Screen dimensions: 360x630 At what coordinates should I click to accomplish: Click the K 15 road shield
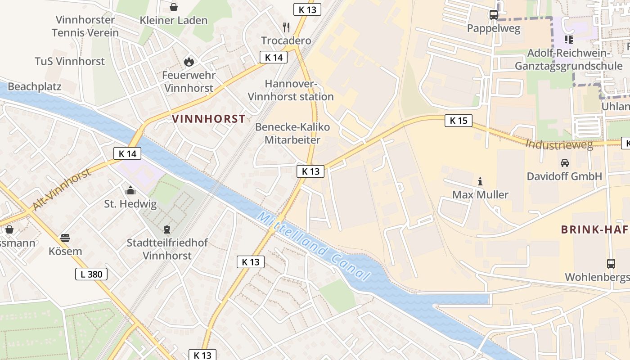pos(459,121)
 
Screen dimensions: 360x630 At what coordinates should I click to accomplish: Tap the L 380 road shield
pos(91,274)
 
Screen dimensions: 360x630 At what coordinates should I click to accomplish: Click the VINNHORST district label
pos(209,119)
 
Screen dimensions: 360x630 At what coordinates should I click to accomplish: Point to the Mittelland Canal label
pos(314,246)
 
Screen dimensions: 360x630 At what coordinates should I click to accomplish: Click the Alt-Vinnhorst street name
pos(61,189)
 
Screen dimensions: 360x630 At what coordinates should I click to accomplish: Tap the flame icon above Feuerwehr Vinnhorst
pos(189,62)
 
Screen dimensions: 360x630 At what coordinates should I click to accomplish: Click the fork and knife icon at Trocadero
pos(286,27)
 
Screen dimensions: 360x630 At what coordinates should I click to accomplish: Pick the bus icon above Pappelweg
pos(494,15)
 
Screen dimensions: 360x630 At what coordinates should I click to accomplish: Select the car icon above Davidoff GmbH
pos(564,162)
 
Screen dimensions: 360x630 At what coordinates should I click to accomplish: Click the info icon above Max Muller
pos(480,181)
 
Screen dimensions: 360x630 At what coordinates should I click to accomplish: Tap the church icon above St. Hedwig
pos(130,190)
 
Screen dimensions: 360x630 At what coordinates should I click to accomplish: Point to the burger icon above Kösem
pos(65,238)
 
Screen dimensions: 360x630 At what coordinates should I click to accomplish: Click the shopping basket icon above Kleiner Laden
pos(174,7)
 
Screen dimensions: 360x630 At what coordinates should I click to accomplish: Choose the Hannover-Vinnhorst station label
pos(291,90)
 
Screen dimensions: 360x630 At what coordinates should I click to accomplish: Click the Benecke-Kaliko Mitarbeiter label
pos(292,133)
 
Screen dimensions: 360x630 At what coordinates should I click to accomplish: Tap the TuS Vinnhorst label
pos(70,61)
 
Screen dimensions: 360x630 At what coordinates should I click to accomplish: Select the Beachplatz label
pos(34,86)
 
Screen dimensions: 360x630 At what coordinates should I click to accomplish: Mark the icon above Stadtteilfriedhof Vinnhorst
pos(167,229)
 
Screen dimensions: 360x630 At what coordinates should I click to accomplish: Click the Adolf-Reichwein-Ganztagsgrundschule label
pos(568,59)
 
